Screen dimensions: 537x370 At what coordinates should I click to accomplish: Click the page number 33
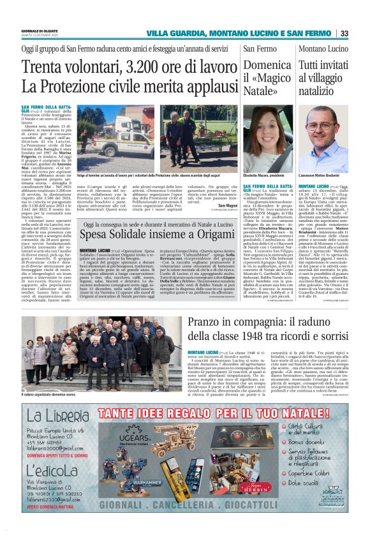[344, 33]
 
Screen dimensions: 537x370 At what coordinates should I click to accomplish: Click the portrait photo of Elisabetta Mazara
[267, 144]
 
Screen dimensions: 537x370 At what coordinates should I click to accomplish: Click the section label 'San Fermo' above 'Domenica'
[260, 49]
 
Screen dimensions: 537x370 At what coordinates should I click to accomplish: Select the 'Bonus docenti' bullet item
[307, 441]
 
